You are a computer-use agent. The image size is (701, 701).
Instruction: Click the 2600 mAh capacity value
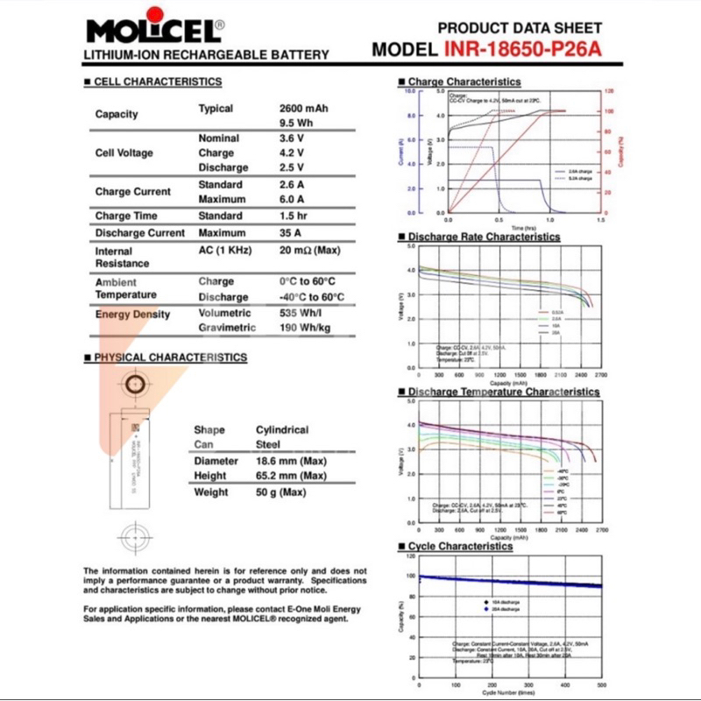304,109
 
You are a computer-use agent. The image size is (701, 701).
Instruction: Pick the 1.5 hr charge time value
291,216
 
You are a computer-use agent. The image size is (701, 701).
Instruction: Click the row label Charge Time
126,216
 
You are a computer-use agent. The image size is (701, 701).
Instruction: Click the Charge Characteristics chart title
464,81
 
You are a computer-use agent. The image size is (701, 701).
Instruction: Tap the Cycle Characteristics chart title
460,546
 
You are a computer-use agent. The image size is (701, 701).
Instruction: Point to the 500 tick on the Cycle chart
601,684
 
